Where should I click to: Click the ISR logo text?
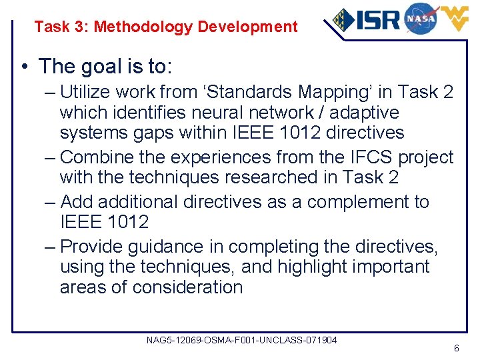[x=377, y=19]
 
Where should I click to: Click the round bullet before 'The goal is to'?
[x=24, y=67]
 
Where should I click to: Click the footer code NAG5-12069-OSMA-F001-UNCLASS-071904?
[x=241, y=341]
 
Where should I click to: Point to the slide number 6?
[x=456, y=349]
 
